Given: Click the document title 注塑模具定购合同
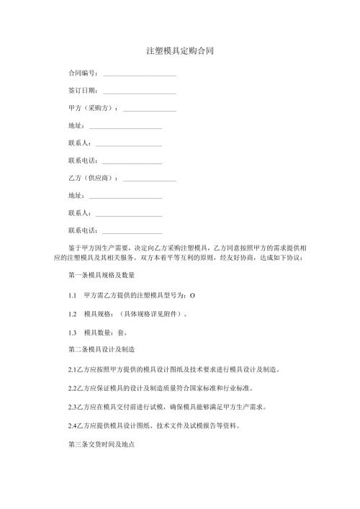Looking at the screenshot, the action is click(x=179, y=52).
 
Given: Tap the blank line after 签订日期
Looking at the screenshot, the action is click(x=140, y=91).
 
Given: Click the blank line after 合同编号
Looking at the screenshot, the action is click(x=140, y=74).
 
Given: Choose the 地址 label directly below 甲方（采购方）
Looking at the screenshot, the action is click(x=75, y=125).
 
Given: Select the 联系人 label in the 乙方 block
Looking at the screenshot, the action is click(x=78, y=212).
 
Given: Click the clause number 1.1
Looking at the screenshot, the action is click(x=72, y=296).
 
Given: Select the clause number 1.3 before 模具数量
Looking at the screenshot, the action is click(x=72, y=332).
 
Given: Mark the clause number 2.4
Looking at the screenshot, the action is click(x=73, y=425).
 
